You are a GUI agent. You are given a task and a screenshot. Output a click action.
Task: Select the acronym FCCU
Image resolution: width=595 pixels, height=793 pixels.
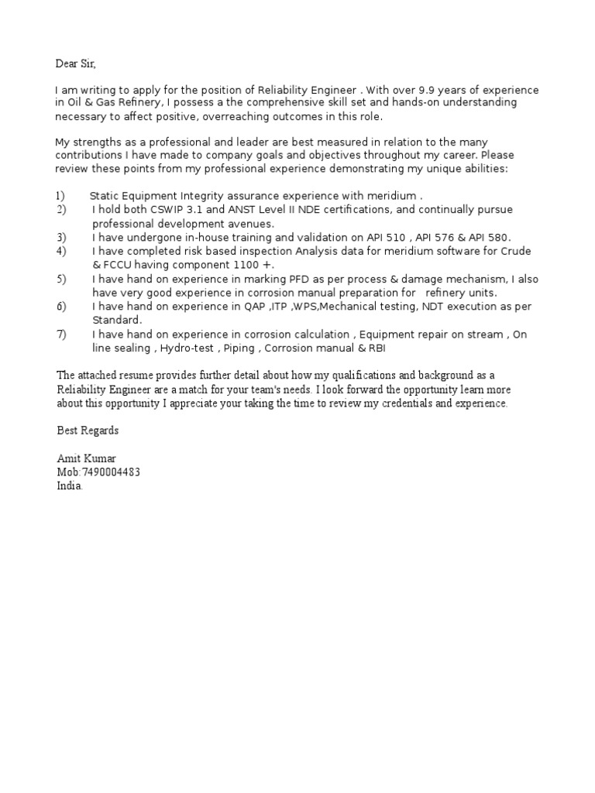(x=119, y=265)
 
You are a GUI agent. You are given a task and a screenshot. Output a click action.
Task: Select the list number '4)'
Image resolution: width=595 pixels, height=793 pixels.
(x=61, y=252)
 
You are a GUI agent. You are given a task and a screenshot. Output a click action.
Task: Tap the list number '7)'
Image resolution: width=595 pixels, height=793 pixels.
(x=61, y=335)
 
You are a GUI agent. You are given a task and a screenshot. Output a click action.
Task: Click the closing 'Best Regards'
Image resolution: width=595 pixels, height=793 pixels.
(x=88, y=430)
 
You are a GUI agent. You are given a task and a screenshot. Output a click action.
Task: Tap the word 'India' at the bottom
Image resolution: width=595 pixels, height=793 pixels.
(x=68, y=486)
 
